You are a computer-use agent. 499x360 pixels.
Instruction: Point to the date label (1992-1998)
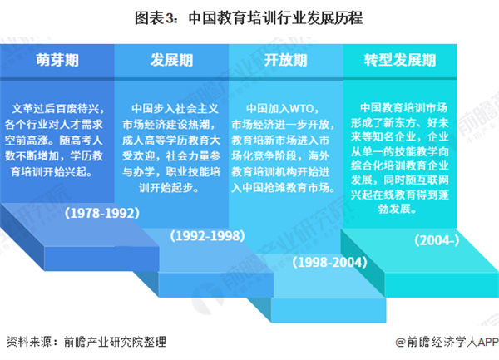tap(208, 236)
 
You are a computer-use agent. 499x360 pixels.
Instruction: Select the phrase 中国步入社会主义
tap(173, 108)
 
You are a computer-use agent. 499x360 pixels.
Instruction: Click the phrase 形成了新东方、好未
tap(400, 123)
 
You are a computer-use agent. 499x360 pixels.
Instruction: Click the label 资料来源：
tap(32, 342)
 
